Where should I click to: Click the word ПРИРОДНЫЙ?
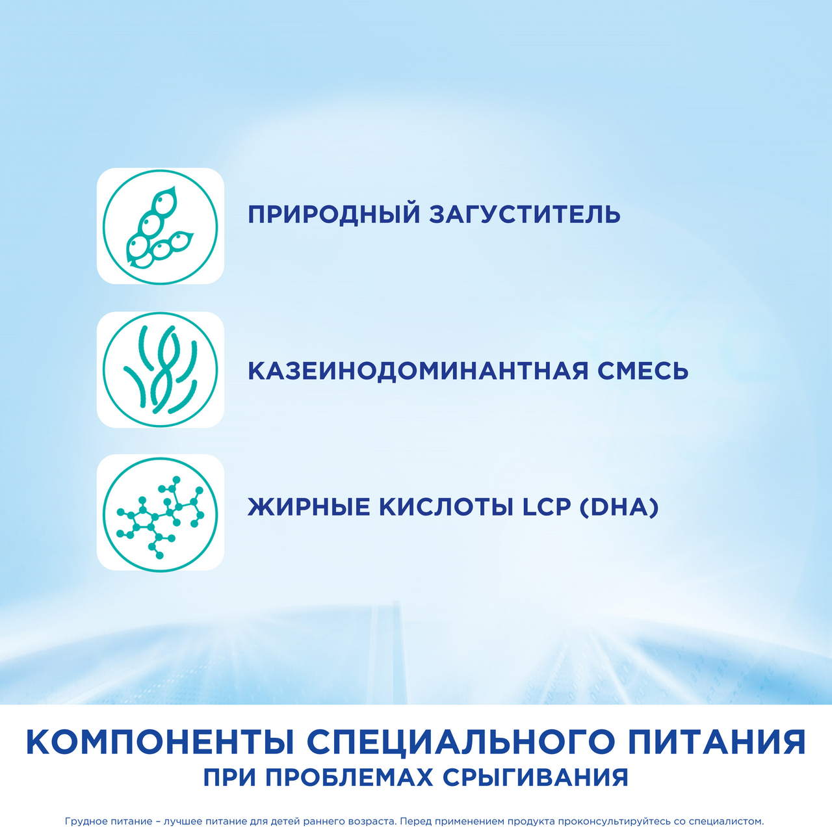tap(334, 214)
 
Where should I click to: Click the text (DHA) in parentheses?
tap(618, 507)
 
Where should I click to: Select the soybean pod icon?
tap(161, 226)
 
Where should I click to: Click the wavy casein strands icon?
tap(161, 369)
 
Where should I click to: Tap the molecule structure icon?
tap(161, 513)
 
